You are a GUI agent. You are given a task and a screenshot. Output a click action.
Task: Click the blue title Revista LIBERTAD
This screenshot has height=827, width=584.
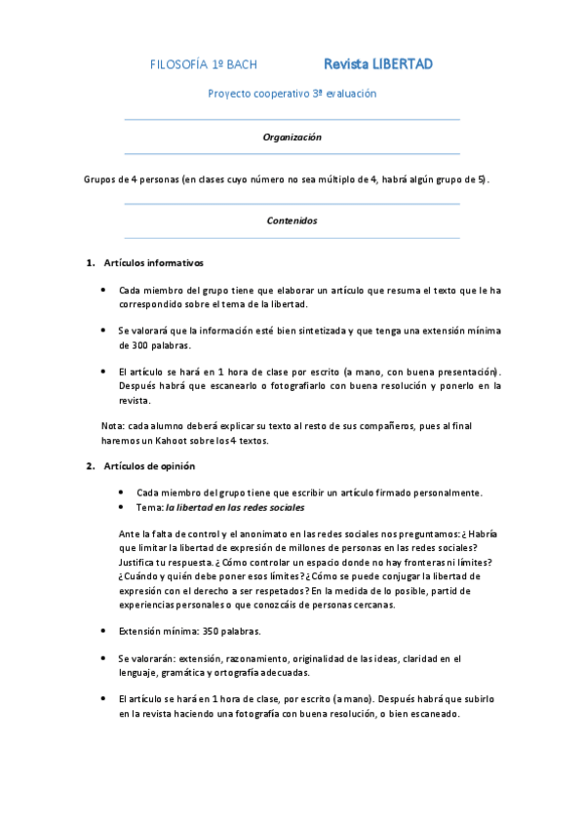click(378, 64)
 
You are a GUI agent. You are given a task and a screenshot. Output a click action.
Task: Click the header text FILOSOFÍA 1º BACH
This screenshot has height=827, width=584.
click(204, 65)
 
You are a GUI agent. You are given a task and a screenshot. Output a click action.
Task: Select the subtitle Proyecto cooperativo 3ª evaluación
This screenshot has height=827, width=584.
click(292, 94)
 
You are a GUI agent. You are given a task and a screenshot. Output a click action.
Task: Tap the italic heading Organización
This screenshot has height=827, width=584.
click(292, 138)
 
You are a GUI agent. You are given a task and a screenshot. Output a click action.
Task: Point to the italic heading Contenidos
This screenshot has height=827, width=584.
click(292, 220)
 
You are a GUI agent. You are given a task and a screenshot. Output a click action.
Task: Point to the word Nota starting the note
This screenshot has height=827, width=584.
click(112, 426)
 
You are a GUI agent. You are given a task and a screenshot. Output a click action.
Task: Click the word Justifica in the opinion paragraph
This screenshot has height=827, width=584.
click(139, 563)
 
